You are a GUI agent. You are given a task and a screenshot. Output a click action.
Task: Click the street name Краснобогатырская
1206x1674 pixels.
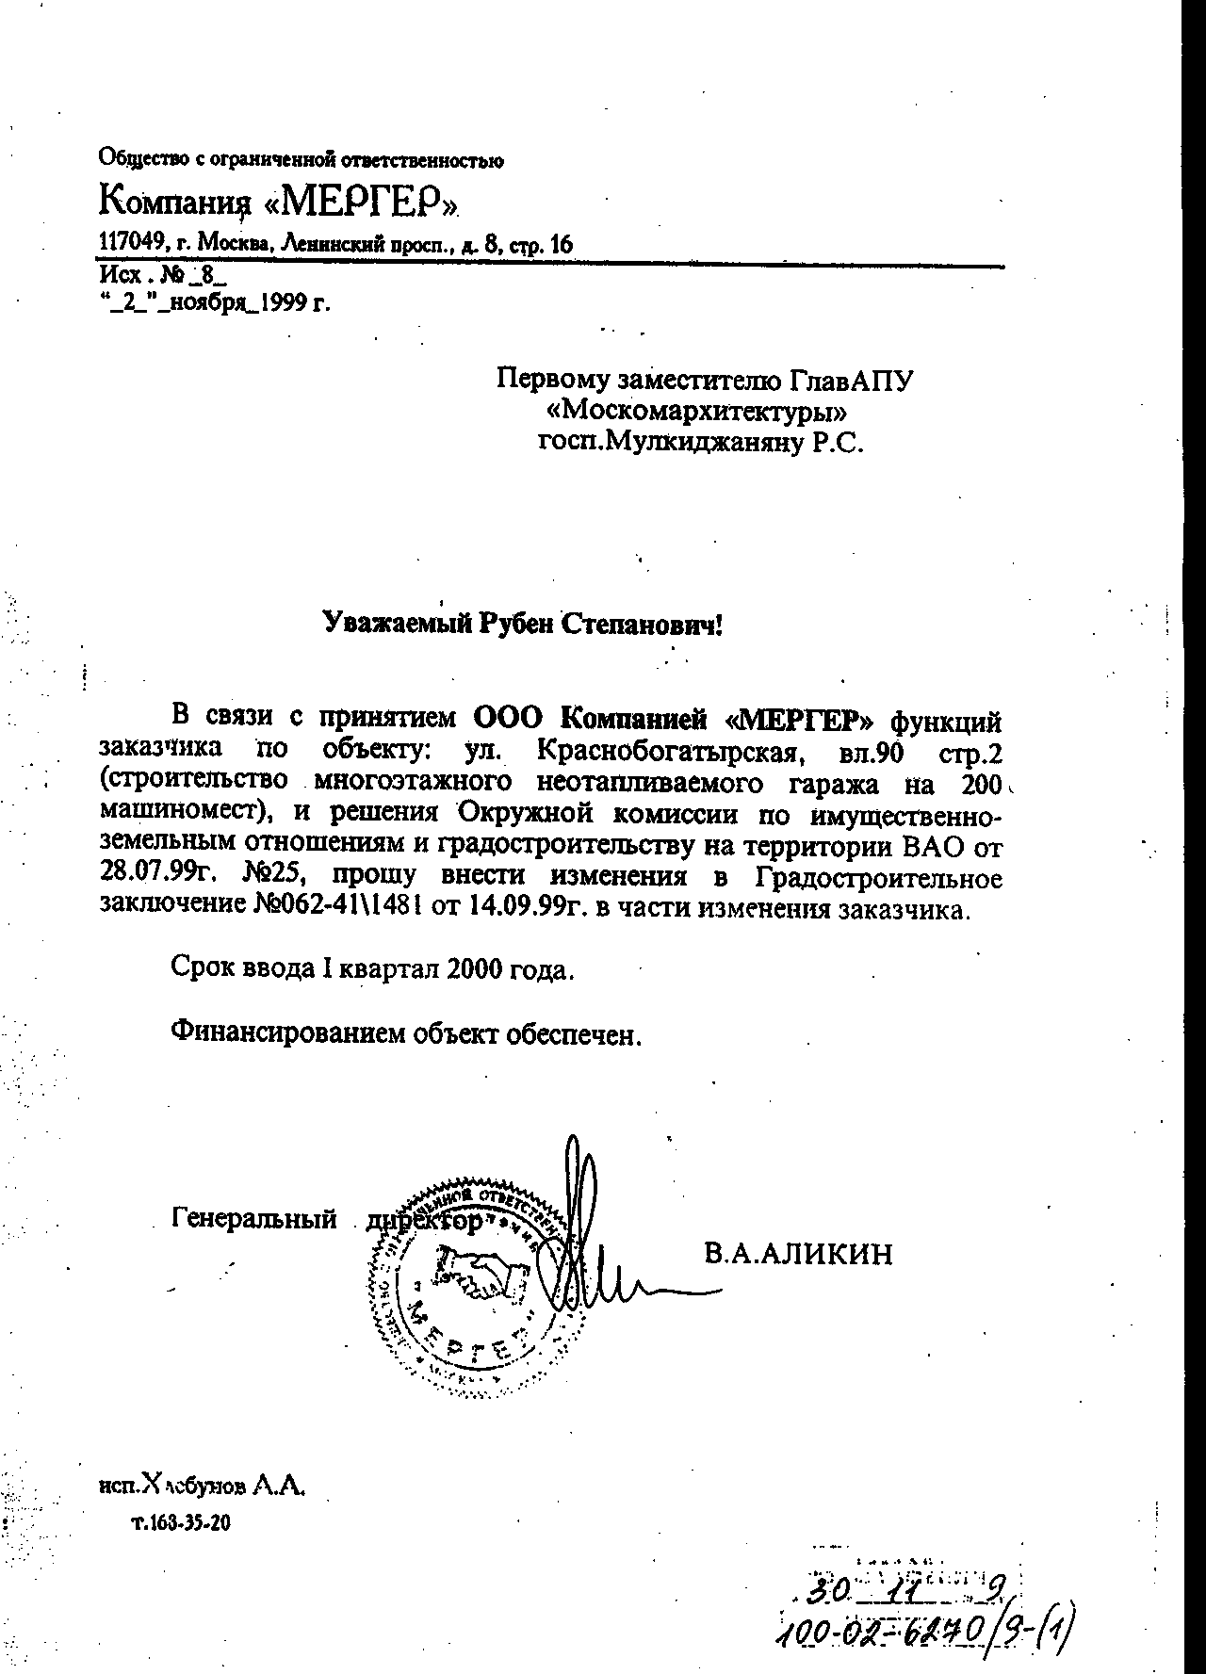(x=668, y=753)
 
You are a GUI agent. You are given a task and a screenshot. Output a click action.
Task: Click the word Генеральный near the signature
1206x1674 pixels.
(x=254, y=1219)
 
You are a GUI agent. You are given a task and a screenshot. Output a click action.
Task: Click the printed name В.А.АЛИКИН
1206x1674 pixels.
(x=797, y=1254)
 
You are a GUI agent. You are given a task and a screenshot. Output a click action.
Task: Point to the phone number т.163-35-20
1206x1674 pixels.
(x=180, y=1522)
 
